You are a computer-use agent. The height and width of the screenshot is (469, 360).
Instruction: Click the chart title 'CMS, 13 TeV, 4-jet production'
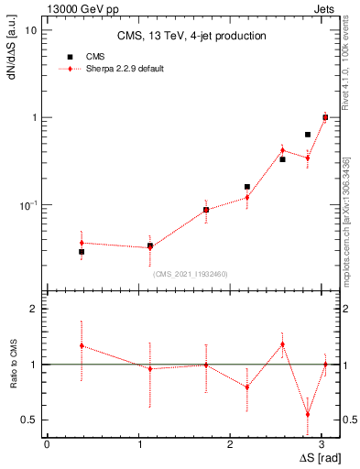click(192, 37)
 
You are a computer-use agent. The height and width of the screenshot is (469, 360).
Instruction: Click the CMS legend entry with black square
click(95, 55)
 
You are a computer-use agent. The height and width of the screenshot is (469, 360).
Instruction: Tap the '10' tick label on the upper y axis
click(30, 30)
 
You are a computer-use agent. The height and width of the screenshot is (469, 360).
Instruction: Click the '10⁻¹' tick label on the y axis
click(28, 204)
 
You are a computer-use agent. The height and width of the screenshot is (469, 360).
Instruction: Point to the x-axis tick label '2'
click(186, 444)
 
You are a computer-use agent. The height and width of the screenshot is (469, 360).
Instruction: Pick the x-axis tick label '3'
click(279, 444)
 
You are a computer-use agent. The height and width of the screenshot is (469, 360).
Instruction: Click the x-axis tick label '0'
click(47, 444)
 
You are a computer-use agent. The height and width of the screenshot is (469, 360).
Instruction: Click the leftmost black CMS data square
click(82, 252)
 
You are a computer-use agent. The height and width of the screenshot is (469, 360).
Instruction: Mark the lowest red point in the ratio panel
click(308, 414)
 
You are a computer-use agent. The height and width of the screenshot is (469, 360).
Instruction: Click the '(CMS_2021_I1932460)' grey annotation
click(191, 274)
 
